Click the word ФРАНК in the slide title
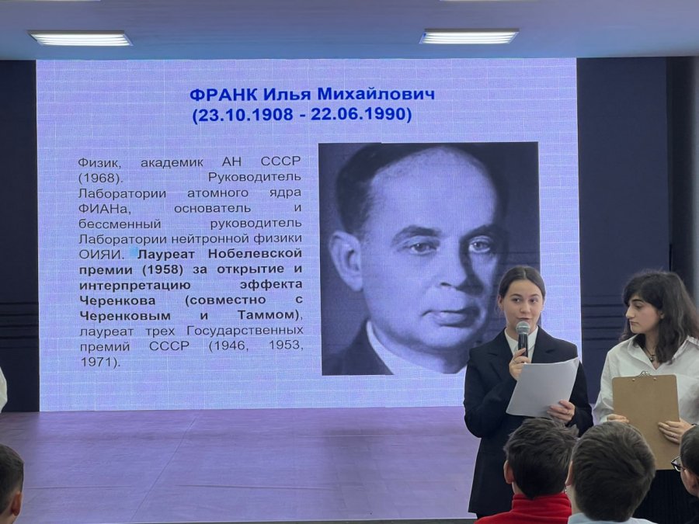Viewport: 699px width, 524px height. [x=224, y=95]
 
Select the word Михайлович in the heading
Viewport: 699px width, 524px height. [x=376, y=95]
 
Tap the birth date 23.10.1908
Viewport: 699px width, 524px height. [x=245, y=115]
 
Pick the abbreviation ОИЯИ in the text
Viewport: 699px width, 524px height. [x=100, y=255]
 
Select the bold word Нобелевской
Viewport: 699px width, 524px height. [x=255, y=253]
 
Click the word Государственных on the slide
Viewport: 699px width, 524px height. [x=245, y=331]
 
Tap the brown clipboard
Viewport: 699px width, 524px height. [x=645, y=417]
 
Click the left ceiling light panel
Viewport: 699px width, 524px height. [x=80, y=38]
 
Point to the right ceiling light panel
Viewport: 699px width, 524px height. [x=468, y=36]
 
